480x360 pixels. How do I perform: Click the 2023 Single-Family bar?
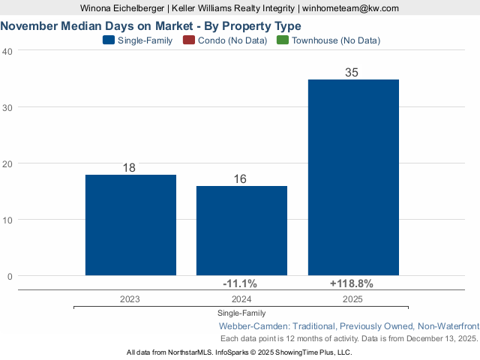130,225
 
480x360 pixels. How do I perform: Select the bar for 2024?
241,230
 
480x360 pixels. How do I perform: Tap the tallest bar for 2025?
353,177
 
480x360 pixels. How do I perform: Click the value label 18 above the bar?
129,168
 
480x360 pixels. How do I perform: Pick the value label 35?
352,73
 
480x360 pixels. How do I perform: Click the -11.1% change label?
240,283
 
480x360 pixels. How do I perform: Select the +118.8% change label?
351,283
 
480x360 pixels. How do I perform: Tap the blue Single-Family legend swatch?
108,40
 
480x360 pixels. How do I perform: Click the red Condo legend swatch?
189,40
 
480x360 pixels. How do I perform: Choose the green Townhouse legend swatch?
283,40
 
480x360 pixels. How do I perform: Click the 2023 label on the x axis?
130,298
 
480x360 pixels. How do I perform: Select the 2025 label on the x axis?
352,298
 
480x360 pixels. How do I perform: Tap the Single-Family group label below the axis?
241,313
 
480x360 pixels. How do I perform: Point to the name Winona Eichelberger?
123,8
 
